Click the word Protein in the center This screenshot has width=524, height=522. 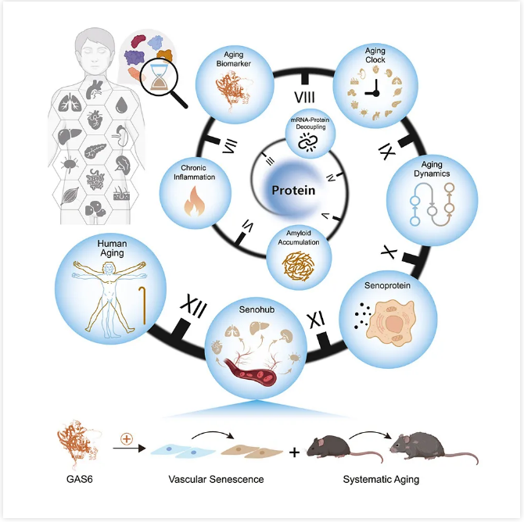293,191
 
